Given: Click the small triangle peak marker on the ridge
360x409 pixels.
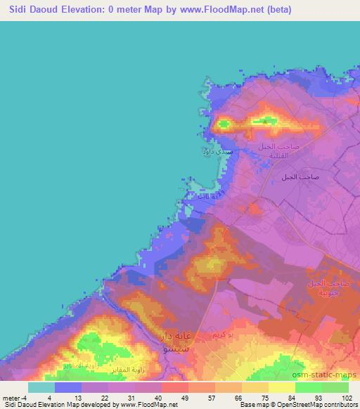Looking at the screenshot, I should point(264,121).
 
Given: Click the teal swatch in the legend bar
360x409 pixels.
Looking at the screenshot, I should point(41,387).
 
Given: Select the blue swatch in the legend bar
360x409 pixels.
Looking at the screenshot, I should point(68,387).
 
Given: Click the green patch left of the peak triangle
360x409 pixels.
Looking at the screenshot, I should point(224,124).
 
